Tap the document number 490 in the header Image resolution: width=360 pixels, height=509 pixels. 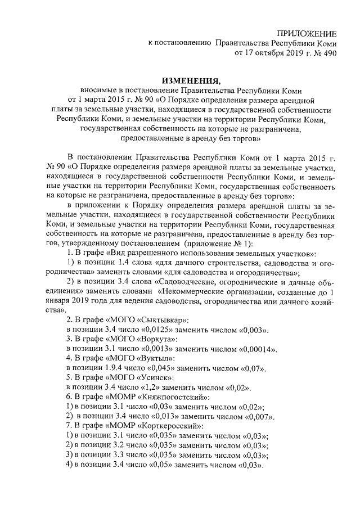328,55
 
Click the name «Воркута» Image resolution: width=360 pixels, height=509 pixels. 130,340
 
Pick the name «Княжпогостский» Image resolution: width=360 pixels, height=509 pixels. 148,398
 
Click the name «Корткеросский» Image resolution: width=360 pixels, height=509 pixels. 147,426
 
